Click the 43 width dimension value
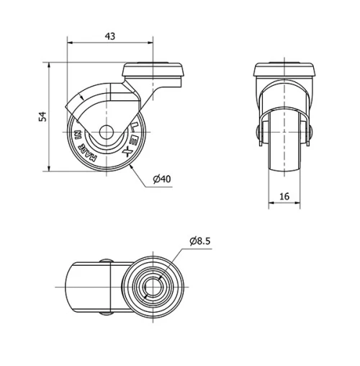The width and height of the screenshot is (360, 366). (x=109, y=35)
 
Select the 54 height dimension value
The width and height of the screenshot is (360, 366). (x=42, y=117)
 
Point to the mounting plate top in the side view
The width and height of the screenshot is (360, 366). (x=155, y=71)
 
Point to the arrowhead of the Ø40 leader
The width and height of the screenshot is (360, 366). (x=133, y=165)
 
